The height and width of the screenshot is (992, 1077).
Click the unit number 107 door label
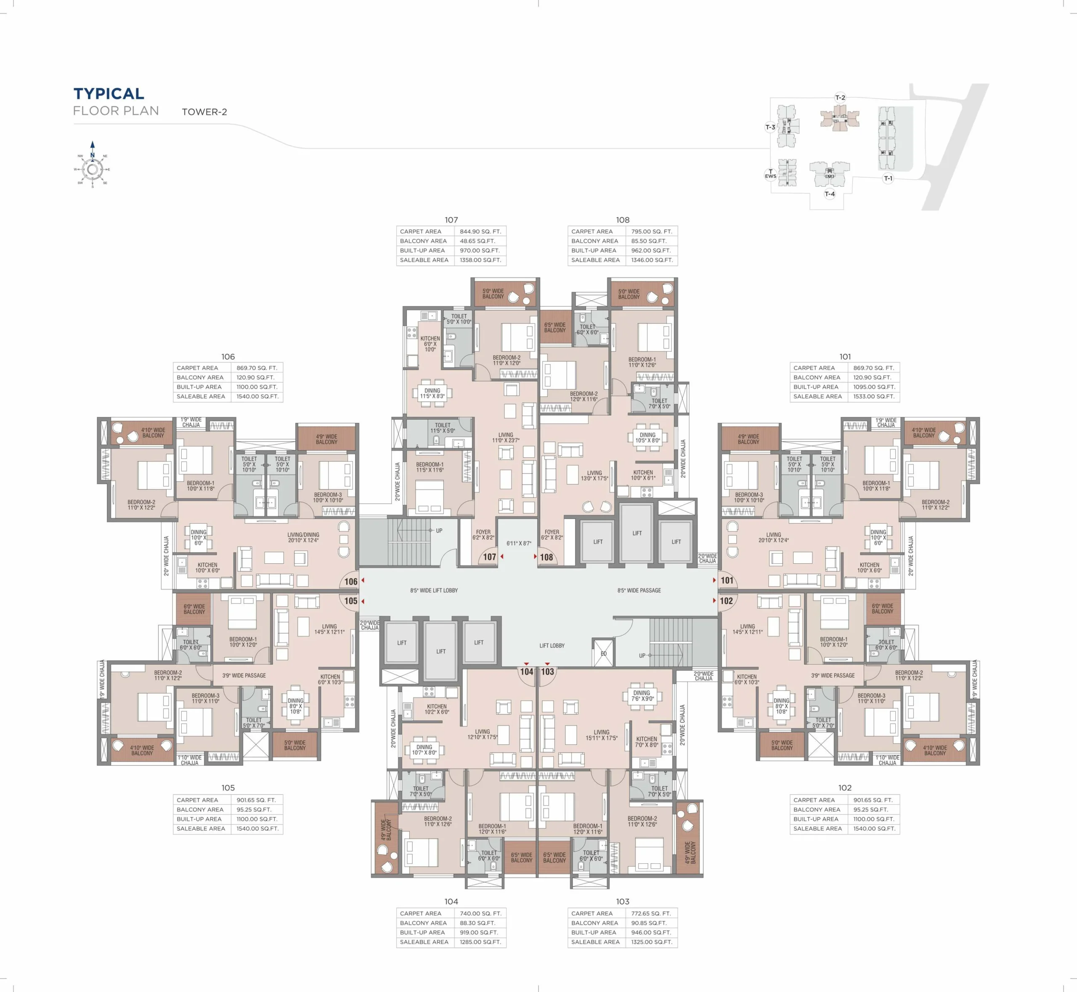[x=489, y=557]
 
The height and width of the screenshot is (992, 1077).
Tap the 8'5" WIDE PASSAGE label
[x=639, y=591]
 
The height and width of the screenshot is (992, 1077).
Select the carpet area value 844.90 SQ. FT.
[x=480, y=231]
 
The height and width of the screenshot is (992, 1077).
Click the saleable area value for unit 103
[x=652, y=942]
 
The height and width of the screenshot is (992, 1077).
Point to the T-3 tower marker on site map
[x=770, y=127]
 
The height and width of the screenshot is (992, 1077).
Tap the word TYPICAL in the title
[x=109, y=94]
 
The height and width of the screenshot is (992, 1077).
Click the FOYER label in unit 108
[x=552, y=532]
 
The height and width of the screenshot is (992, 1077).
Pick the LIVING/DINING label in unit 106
[x=303, y=535]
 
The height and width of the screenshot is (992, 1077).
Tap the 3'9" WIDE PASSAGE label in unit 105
[x=244, y=675]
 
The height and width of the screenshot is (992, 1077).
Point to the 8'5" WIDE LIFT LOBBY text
[x=434, y=591]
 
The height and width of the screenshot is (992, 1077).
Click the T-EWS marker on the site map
[x=770, y=174]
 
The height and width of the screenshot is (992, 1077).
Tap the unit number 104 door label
[x=526, y=671]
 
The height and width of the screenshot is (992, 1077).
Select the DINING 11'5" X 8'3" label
[x=432, y=393]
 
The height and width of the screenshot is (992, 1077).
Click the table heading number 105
[x=228, y=788]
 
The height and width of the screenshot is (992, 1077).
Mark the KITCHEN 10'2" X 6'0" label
[x=437, y=709]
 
